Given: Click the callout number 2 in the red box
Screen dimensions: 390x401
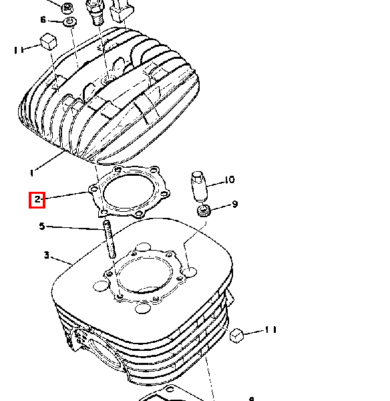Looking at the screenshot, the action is (x=37, y=199).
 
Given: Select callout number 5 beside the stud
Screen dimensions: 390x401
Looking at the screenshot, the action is (x=42, y=227).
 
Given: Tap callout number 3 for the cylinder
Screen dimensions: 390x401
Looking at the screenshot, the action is (x=46, y=255).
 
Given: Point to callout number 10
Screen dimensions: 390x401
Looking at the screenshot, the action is (x=230, y=180).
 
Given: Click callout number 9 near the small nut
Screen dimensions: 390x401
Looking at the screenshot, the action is (x=235, y=204).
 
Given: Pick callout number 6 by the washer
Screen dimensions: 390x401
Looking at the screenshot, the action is (x=43, y=19).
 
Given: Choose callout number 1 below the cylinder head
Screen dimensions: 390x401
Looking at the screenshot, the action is (x=31, y=173).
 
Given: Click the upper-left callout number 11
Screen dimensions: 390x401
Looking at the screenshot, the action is (x=19, y=50).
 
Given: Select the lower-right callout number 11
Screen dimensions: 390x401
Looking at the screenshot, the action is (x=271, y=329).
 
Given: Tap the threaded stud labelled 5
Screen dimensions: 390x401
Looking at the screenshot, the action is (x=109, y=239).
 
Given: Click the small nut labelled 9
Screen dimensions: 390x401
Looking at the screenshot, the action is (x=204, y=211).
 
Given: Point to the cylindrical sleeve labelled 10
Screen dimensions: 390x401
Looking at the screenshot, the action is (x=198, y=186).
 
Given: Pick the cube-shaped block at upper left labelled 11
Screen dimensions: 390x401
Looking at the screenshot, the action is (x=49, y=41).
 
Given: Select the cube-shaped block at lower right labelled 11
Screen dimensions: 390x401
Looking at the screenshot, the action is (x=237, y=336).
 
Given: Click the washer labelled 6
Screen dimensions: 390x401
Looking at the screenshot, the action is (x=69, y=22).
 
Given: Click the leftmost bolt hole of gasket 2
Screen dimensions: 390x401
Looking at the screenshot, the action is (x=93, y=190).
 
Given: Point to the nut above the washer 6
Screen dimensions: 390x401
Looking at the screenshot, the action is (x=67, y=8).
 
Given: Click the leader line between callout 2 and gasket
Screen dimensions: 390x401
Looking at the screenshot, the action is (x=67, y=195).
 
